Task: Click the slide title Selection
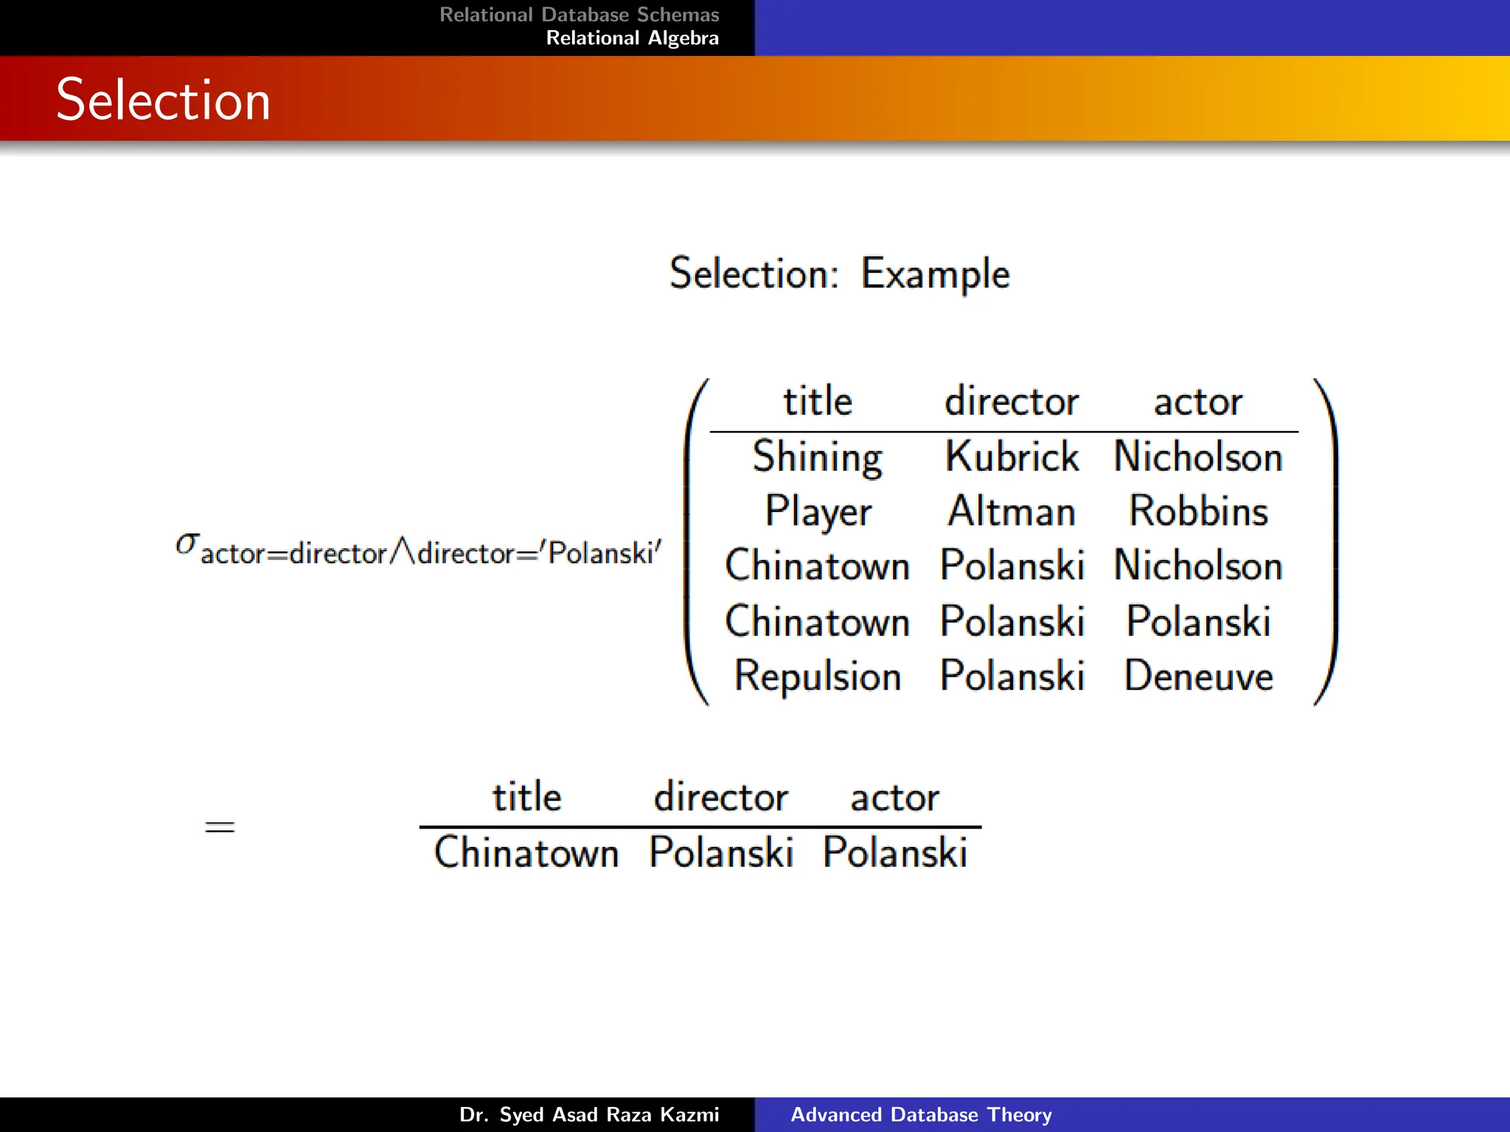click(x=163, y=99)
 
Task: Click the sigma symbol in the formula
click(x=187, y=544)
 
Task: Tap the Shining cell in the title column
click(x=817, y=457)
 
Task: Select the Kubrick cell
click(x=1012, y=457)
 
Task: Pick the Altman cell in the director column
click(x=1012, y=511)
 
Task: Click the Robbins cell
click(x=1198, y=511)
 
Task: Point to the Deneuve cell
click(x=1198, y=676)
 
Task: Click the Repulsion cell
click(x=817, y=676)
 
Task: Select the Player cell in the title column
click(x=817, y=511)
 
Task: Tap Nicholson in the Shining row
click(x=1198, y=457)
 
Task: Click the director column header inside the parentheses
click(x=1012, y=402)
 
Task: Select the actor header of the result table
click(x=894, y=797)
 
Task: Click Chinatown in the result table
click(x=526, y=853)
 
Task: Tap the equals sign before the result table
click(x=220, y=827)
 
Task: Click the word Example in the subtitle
click(x=935, y=274)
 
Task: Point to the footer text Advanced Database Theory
click(x=921, y=1114)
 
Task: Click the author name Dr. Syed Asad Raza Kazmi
click(x=588, y=1114)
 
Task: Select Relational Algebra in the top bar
click(x=632, y=38)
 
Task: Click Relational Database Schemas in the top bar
click(x=579, y=15)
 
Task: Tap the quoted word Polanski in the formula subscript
click(x=601, y=553)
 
